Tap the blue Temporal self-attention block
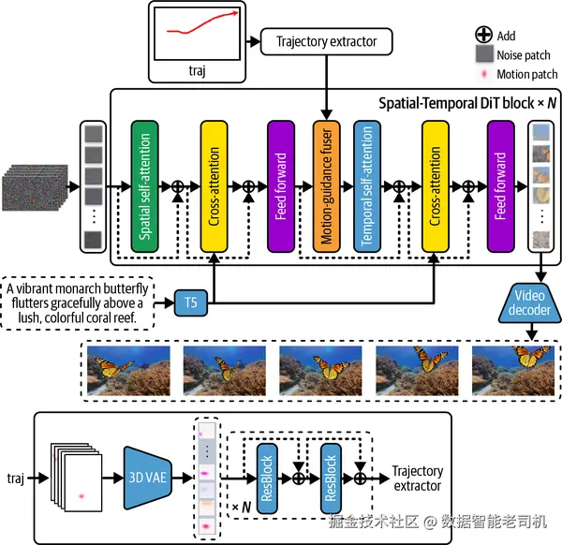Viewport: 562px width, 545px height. coord(367,186)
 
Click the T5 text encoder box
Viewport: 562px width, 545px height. coord(190,302)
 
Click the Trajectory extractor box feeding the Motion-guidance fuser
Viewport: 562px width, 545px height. coord(326,41)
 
